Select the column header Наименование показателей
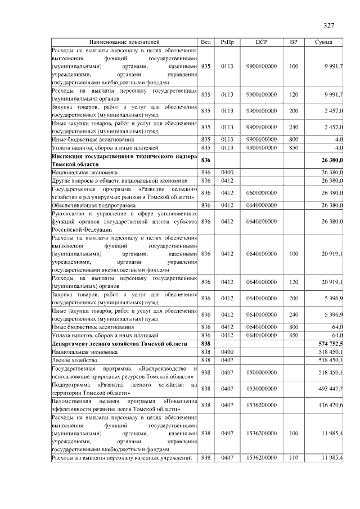point(124,42)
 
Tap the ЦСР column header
point(262,42)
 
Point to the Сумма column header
point(323,42)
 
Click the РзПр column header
point(227,42)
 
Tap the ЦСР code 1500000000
point(262,372)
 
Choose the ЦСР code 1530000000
point(262,389)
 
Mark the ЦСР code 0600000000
point(262,193)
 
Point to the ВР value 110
point(294,458)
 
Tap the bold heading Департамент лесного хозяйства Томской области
point(119,343)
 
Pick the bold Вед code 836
point(206,160)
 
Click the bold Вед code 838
point(206,343)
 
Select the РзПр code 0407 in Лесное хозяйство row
point(227,359)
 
